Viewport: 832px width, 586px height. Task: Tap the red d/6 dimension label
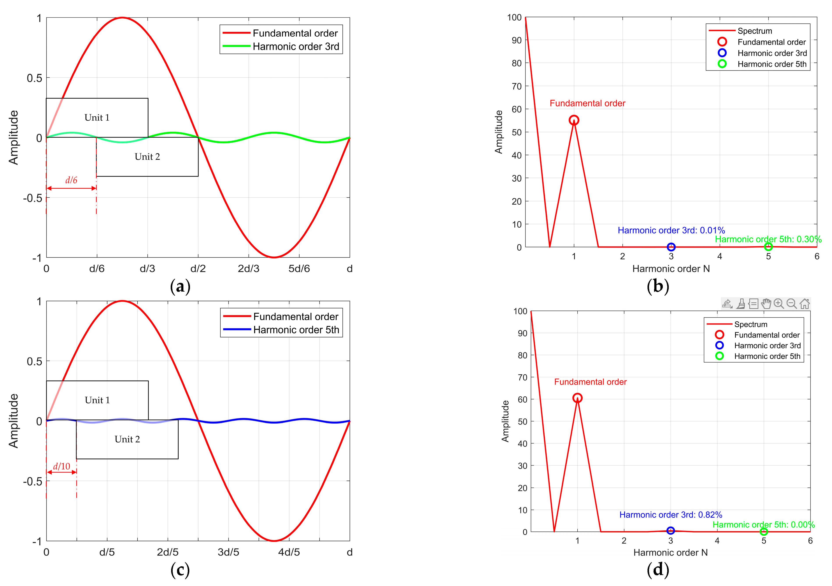71,180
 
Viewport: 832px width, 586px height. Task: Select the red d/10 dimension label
62,466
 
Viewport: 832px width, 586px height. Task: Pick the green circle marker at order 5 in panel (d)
763,532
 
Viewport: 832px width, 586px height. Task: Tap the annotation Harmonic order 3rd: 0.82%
670,515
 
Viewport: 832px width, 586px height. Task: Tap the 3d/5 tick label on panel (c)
228,552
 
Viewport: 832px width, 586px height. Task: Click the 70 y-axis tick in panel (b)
516,86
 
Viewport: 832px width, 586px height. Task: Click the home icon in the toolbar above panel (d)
804,303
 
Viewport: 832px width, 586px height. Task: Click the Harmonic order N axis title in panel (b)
671,269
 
